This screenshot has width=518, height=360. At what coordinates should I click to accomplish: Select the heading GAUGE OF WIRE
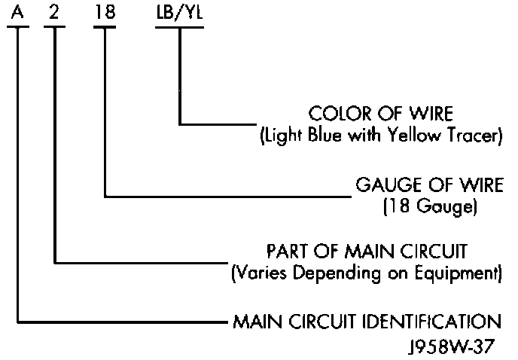point(428,185)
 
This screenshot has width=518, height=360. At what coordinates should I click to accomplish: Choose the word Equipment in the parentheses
point(467,272)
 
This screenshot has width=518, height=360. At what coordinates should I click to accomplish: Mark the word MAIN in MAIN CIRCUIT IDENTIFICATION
point(255,322)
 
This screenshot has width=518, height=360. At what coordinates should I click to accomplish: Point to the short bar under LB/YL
point(179,27)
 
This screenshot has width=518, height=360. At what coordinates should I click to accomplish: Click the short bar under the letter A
point(19,27)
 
